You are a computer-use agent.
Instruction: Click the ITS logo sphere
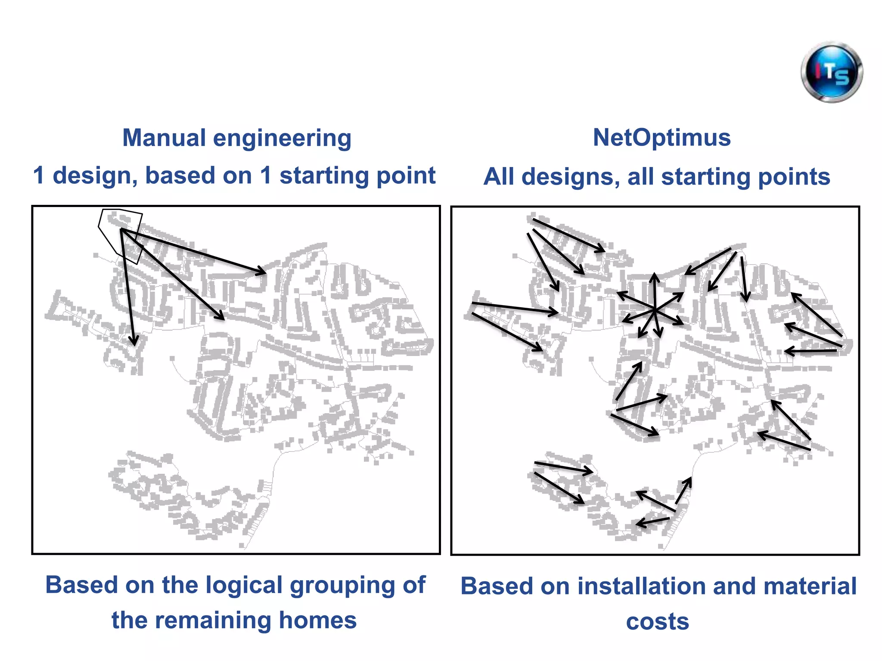832,72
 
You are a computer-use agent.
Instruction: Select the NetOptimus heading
661,138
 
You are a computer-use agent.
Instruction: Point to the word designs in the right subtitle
570,177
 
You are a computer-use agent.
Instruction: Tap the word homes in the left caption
317,620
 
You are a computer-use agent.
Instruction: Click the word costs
657,622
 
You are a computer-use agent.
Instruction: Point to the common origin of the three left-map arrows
122,230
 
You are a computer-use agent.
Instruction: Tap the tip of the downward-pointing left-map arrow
135,344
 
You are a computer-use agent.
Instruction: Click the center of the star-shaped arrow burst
654,309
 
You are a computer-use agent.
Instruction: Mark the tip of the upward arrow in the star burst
655,275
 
